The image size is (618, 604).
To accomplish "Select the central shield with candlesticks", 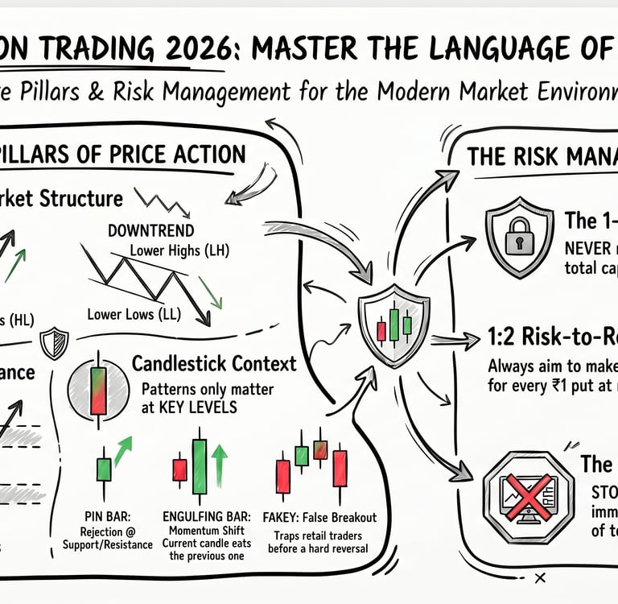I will pyautogui.click(x=393, y=323).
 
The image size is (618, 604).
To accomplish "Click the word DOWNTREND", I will pyautogui.click(x=150, y=231).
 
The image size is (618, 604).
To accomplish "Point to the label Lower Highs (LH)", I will pyautogui.click(x=179, y=250).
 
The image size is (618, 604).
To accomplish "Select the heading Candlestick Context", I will pyautogui.click(x=213, y=363).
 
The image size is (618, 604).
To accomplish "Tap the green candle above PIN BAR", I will pyautogui.click(x=104, y=468).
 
